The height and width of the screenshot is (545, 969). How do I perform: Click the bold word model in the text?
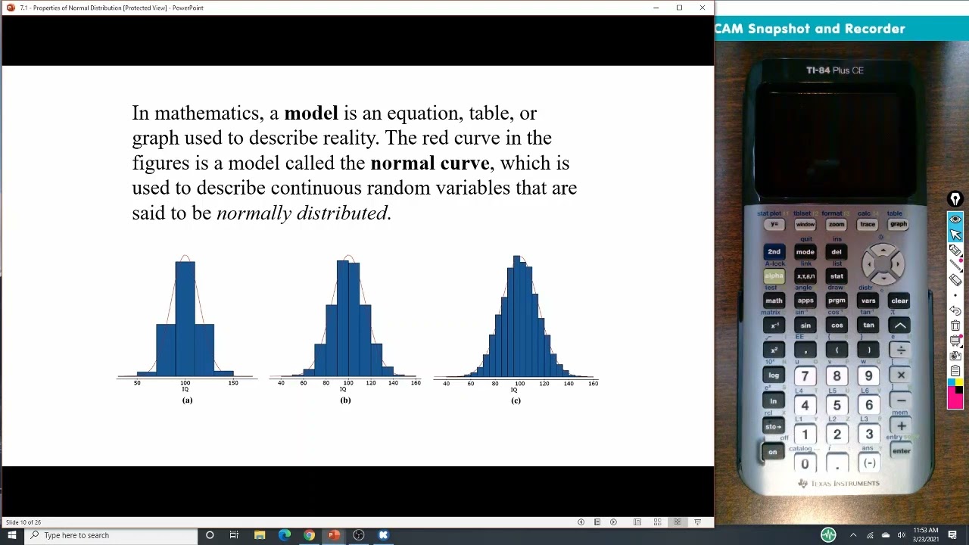(x=310, y=114)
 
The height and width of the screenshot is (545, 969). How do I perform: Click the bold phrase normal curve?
(x=429, y=163)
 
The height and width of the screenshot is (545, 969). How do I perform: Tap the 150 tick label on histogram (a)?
(x=233, y=383)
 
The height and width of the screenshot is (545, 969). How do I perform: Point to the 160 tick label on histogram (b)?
(x=416, y=383)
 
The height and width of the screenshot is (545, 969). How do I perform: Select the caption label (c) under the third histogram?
(x=516, y=400)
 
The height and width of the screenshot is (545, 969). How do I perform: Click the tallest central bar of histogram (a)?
(x=185, y=318)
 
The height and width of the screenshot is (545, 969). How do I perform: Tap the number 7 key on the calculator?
(x=805, y=376)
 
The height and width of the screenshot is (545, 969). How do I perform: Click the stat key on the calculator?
(x=837, y=276)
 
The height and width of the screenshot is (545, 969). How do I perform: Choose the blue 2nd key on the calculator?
(x=774, y=252)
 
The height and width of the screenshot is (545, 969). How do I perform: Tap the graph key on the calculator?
(x=899, y=224)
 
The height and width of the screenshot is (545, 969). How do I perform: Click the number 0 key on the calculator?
(x=805, y=464)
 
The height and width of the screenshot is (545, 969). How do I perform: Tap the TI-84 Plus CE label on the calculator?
(x=834, y=70)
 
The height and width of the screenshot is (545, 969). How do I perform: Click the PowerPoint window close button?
(x=703, y=8)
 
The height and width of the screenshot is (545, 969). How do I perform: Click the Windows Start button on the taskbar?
(x=11, y=535)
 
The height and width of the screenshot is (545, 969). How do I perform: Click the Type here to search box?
(x=114, y=535)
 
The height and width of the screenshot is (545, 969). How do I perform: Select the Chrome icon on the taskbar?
(x=310, y=535)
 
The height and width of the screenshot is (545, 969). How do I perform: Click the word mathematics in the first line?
(x=207, y=114)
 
